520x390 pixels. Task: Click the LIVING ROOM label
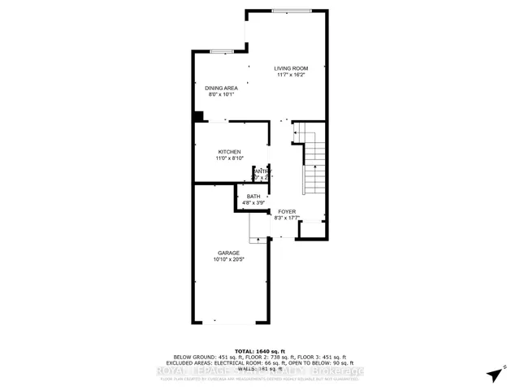(x=290, y=68)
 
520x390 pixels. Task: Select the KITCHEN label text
(x=229, y=152)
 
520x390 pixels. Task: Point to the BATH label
(x=253, y=196)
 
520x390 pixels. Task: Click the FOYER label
(x=288, y=211)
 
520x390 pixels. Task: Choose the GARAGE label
(x=227, y=253)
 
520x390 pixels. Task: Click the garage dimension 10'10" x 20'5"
(x=227, y=259)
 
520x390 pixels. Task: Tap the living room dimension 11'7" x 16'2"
(x=290, y=75)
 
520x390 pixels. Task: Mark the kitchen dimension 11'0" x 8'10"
(x=229, y=158)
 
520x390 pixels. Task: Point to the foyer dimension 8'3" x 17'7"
(x=288, y=218)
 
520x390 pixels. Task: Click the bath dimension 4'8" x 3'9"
(x=253, y=202)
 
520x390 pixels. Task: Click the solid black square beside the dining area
(x=197, y=116)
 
